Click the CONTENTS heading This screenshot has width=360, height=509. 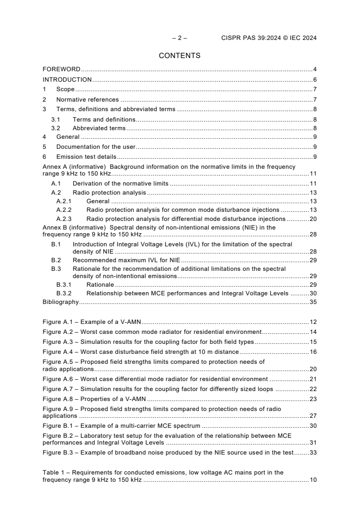179,56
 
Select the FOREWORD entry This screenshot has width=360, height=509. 61,69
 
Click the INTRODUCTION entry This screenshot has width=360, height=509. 67,79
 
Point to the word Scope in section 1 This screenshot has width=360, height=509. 65,89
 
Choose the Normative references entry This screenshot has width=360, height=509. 87,99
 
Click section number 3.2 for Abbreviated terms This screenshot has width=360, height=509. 55,128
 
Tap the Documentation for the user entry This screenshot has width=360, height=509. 96,147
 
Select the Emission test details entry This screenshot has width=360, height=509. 86,157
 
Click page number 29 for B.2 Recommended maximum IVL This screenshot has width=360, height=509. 313,260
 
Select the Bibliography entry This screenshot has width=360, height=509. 60,302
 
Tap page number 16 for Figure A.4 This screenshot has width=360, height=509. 313,352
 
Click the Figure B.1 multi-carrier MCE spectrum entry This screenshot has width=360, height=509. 122,426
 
